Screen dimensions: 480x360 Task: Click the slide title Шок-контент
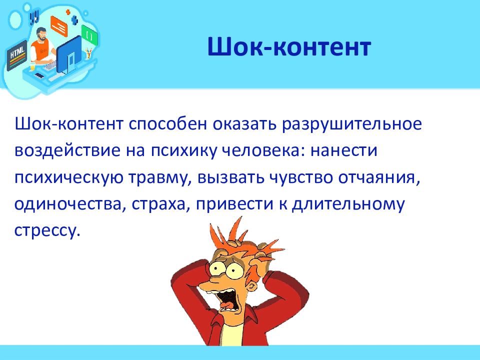coord(289,47)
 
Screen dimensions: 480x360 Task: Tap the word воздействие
coord(67,150)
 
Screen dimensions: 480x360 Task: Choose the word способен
coord(168,124)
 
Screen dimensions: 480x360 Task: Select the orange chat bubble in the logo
coord(59,26)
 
